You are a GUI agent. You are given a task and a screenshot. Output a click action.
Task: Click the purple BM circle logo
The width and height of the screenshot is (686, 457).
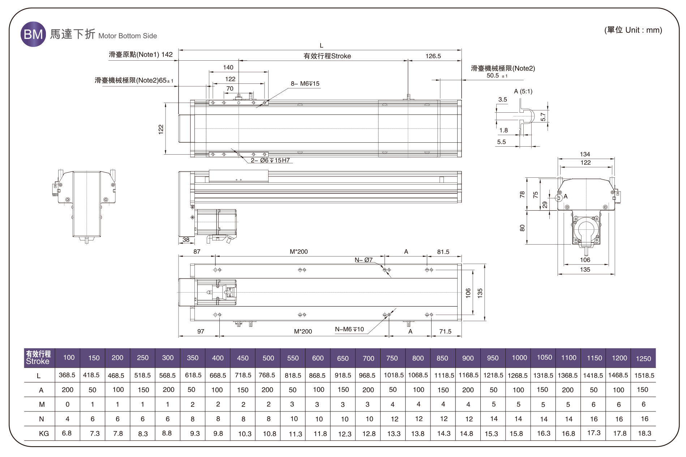(33, 34)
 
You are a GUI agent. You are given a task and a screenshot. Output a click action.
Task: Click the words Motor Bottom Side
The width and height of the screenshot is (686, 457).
(128, 36)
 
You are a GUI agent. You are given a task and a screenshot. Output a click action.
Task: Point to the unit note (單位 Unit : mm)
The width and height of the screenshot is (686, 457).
(633, 30)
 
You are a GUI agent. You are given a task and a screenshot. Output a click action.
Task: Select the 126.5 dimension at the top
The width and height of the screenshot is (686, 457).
(433, 56)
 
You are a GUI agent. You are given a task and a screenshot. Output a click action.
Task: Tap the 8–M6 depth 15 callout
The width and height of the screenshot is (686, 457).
(305, 83)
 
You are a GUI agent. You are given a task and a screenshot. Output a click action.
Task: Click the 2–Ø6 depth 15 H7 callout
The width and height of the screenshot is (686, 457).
(270, 160)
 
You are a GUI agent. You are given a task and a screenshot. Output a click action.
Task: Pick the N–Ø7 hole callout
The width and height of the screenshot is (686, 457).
(364, 260)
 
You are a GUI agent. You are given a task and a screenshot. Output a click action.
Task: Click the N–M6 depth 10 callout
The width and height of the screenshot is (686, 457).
(349, 329)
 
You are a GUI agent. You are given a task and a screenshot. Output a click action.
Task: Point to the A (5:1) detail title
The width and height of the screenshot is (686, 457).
(523, 91)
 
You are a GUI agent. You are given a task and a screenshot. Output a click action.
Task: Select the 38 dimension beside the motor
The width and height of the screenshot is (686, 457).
(186, 240)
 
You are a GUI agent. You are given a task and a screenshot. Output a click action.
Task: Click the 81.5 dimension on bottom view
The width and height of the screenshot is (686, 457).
(443, 252)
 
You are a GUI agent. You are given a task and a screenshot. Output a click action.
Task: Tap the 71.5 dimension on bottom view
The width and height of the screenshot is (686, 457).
(445, 331)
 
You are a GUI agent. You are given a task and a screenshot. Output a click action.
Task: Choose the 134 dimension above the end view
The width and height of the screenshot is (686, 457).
(585, 154)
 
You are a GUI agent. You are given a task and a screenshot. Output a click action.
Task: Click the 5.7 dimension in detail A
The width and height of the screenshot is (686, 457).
(543, 117)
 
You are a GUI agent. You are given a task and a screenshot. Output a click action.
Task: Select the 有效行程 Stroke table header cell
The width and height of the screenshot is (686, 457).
(39, 358)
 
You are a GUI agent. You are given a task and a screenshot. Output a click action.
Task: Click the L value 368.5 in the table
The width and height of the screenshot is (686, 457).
(67, 375)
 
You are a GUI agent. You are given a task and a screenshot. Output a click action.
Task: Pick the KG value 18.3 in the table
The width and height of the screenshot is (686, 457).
(644, 433)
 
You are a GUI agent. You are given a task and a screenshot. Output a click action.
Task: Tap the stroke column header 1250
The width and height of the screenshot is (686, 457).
(643, 358)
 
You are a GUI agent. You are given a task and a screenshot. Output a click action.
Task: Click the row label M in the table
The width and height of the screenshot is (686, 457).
(42, 404)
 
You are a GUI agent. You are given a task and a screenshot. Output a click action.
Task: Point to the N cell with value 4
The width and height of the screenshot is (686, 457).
(67, 419)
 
